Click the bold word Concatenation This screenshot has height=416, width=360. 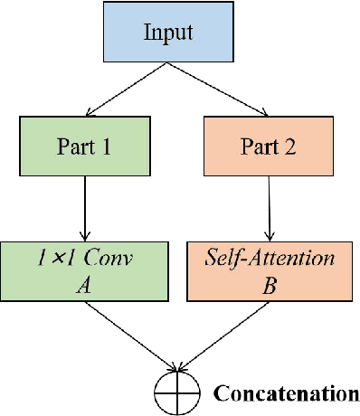point(286,393)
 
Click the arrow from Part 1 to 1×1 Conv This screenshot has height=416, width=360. point(84,207)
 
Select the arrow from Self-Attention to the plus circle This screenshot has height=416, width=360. point(224,336)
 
